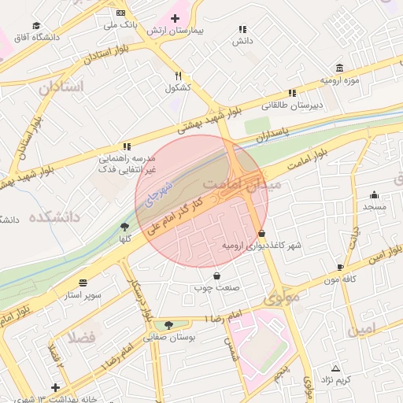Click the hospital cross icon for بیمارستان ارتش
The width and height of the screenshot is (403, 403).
(x=175, y=17)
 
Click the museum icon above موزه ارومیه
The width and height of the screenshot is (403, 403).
(x=339, y=68)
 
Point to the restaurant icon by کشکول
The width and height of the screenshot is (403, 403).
(x=179, y=76)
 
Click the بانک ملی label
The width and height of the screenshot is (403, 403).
(x=120, y=25)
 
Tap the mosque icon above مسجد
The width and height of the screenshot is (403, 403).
(x=374, y=195)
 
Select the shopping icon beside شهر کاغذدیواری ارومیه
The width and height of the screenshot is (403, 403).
(x=261, y=234)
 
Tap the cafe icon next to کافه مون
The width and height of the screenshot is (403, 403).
(x=340, y=268)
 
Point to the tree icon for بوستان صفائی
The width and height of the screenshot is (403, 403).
(x=168, y=324)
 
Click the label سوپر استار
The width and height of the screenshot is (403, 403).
(x=84, y=295)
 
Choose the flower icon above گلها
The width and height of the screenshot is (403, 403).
(x=124, y=227)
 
